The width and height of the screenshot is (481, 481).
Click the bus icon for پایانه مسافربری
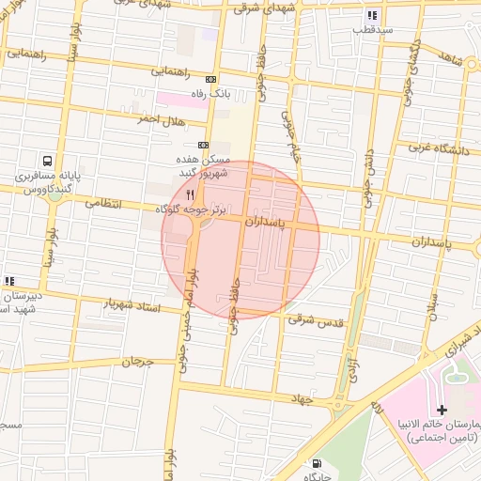[47, 161]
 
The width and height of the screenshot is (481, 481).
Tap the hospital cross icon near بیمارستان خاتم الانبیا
[442, 411]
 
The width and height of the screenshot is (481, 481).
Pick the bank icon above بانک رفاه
[210, 80]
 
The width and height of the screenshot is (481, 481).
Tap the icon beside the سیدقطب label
[373, 15]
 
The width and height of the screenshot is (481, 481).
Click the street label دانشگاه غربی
[443, 147]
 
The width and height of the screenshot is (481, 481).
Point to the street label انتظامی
[104, 201]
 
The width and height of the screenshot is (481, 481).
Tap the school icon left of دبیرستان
[9, 280]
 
